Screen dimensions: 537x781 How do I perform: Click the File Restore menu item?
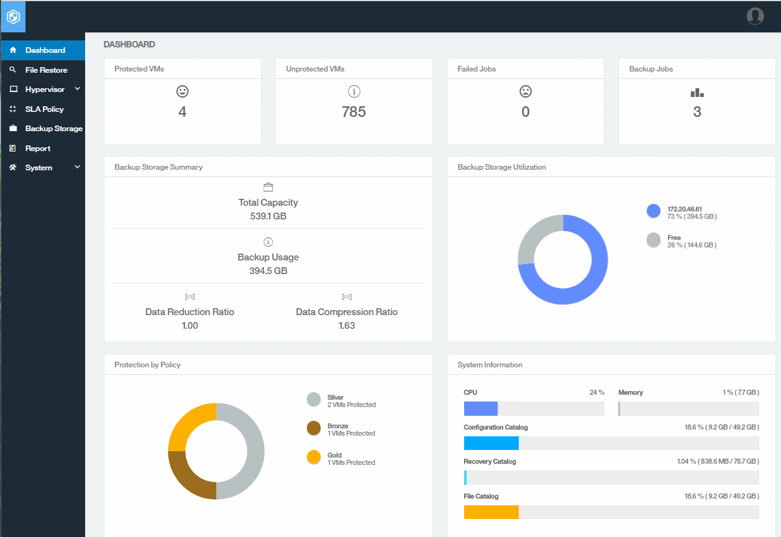46,70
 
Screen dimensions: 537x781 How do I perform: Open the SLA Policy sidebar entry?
44,109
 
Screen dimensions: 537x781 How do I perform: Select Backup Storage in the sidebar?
53,129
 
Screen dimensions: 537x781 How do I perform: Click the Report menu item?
37,149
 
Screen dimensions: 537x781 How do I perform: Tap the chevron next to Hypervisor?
78,89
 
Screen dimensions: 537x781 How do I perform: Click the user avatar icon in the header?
755,16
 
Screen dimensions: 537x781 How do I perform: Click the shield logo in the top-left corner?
13,17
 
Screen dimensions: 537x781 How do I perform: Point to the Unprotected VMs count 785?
354,112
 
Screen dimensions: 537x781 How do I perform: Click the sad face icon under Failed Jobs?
526,91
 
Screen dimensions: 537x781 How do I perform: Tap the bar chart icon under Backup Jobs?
697,93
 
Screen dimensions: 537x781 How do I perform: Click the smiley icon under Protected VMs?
182,91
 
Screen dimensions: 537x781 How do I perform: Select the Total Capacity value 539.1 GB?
268,216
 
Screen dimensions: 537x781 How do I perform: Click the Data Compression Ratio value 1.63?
347,326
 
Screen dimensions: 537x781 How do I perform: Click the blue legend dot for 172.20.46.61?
653,211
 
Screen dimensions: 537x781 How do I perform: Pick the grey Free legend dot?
653,240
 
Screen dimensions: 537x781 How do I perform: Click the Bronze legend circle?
314,428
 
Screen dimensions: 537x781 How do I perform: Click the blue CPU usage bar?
481,408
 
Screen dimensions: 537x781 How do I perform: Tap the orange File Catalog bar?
491,512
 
